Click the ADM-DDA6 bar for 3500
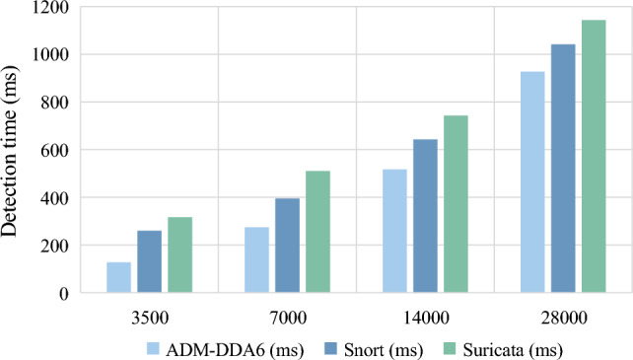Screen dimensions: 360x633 coord(118,277)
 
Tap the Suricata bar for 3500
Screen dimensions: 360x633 coord(179,254)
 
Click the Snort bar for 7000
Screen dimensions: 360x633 coord(287,246)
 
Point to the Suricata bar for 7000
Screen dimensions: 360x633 coord(317,232)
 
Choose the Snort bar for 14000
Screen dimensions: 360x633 coord(425,216)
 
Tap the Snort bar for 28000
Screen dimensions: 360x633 coord(563,169)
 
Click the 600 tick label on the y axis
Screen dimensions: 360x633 coord(53,150)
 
